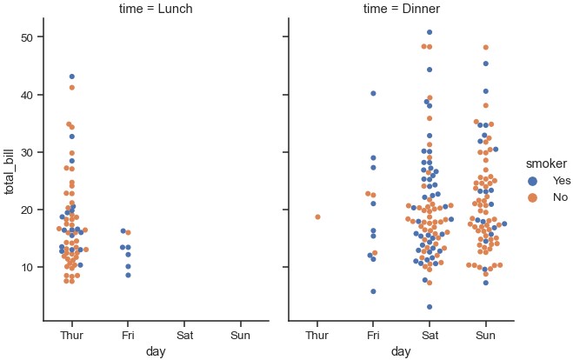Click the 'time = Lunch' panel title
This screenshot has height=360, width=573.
(x=157, y=10)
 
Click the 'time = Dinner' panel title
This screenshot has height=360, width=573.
(x=401, y=10)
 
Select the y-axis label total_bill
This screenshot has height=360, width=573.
(x=11, y=170)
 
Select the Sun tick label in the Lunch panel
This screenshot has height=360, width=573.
(x=239, y=334)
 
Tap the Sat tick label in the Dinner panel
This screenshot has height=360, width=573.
(x=430, y=334)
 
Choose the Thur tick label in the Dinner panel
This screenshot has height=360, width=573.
(x=317, y=334)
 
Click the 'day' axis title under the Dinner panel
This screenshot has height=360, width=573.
(x=401, y=351)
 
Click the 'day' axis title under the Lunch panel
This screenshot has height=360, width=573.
(x=157, y=351)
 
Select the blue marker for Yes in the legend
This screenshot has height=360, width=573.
(x=533, y=180)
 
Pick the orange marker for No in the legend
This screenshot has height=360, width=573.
(x=533, y=197)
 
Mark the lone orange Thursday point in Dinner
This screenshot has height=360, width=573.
(x=317, y=217)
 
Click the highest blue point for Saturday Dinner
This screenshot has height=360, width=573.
(x=430, y=32)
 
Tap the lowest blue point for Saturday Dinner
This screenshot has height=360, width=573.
(x=430, y=307)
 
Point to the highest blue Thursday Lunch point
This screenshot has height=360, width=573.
(x=71, y=77)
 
